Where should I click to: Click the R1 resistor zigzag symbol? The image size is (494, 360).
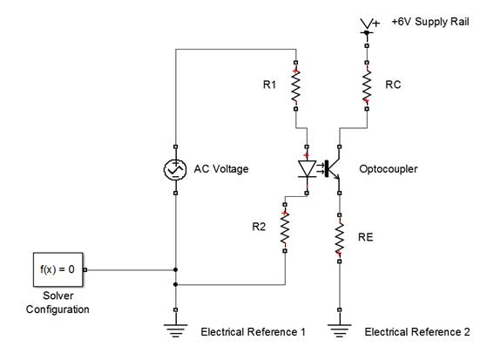pos(295,85)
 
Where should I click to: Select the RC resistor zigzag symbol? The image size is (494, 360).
pos(367,85)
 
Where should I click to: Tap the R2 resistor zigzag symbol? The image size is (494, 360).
pos(285,228)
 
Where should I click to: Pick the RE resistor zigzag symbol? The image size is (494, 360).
pos(339,238)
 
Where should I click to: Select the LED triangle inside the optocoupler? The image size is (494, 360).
pos(307,169)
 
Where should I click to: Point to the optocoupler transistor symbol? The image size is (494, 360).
pos(332,168)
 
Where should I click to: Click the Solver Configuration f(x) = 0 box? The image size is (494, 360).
pos(58,269)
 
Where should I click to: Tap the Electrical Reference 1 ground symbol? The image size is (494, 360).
pos(175,330)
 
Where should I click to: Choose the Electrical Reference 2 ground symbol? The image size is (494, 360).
pos(339,330)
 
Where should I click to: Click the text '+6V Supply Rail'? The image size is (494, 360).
pos(430,22)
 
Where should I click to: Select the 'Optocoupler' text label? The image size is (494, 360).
pos(389,169)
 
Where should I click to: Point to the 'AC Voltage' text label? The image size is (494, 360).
pos(221,169)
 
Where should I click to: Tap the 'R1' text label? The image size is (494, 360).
pos(269,85)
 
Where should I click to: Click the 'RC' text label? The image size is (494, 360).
pos(393,85)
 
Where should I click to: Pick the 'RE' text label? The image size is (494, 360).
pos(365,237)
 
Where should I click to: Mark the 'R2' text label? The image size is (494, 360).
pos(259,227)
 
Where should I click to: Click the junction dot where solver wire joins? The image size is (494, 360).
pos(175,270)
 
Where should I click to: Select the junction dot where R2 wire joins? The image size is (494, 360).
pos(175,285)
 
